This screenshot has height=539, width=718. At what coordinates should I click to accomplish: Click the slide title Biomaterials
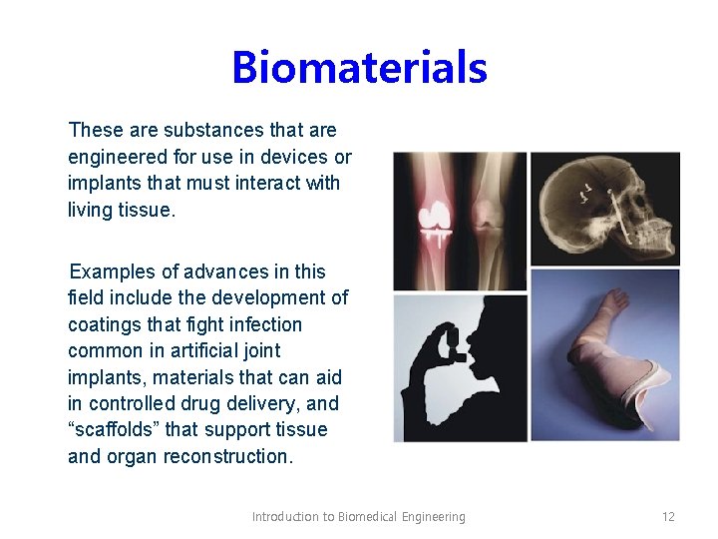point(359,68)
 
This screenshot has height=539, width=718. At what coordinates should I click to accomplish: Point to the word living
point(90,210)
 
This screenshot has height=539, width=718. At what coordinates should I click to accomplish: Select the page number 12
point(668,517)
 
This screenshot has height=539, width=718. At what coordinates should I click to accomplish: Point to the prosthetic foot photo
point(604,354)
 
